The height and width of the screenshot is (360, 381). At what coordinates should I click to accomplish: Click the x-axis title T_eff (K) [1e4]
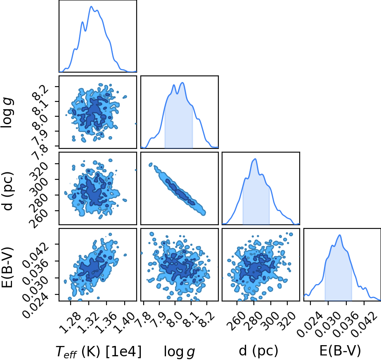click(x=98, y=351)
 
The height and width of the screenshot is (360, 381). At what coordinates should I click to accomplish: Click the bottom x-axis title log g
click(x=180, y=351)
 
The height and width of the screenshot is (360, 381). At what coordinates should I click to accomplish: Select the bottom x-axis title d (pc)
click(x=258, y=351)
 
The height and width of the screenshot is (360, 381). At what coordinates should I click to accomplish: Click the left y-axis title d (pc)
click(x=7, y=191)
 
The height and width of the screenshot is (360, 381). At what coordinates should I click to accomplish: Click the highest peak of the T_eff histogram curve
click(x=91, y=6)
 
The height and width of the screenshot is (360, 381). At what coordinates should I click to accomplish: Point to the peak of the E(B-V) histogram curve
click(x=340, y=235)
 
